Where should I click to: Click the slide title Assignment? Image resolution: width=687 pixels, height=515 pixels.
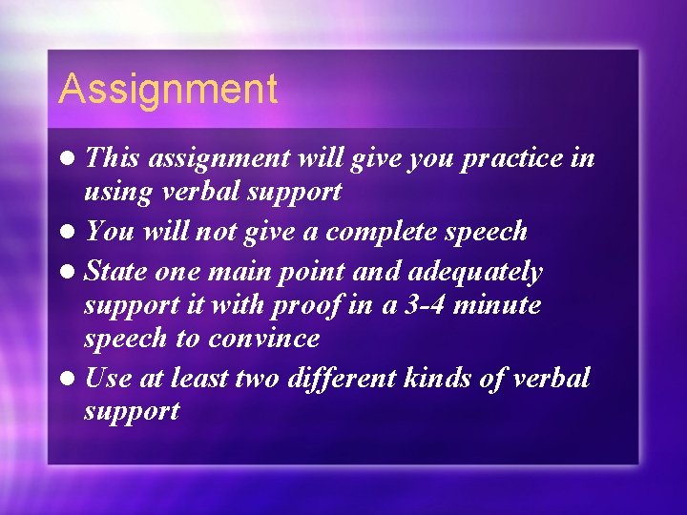pos(168,91)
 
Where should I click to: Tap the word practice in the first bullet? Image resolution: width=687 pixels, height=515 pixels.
pos(515,158)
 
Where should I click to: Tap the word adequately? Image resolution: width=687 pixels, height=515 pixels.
pos(476,273)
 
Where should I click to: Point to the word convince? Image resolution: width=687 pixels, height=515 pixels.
pos(264,339)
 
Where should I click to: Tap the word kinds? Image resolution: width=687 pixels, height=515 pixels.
pos(450,379)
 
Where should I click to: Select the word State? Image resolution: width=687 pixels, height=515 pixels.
pos(116,273)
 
